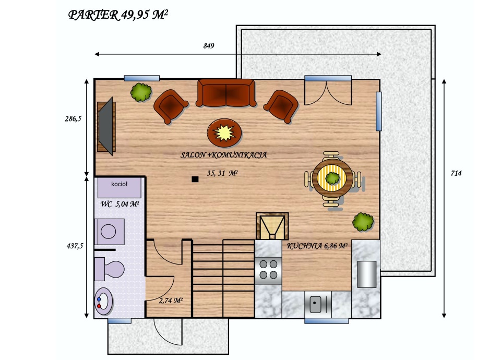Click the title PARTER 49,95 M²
(118, 15)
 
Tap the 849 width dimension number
(209, 46)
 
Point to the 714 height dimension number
(456, 173)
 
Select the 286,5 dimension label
(73, 119)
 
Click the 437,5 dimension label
(75, 246)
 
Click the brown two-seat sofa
(226, 93)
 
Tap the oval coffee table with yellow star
(224, 133)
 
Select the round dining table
(332, 177)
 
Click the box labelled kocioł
(120, 188)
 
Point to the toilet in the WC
(110, 269)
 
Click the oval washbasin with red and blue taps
(103, 301)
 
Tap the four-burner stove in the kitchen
(268, 270)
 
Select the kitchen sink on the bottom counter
(318, 304)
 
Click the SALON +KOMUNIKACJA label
(224, 155)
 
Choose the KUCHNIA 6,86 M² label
(317, 246)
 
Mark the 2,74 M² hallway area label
(171, 301)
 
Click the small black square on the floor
(195, 179)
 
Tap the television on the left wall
(106, 126)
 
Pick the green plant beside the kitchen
(363, 222)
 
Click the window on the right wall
(379, 111)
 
